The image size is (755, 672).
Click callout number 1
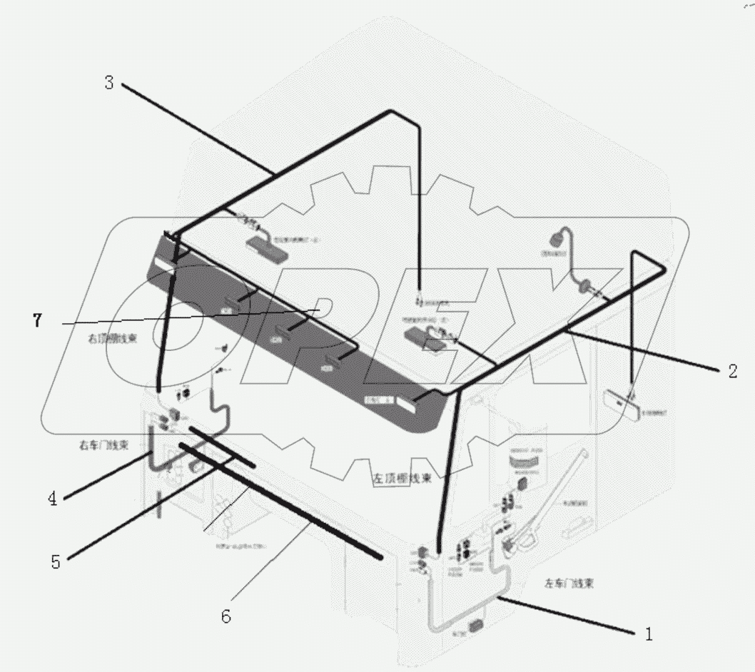pos(648,633)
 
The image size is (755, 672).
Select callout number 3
pos(108,82)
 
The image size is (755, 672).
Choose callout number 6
pos(226,616)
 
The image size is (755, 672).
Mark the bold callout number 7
pos(37,321)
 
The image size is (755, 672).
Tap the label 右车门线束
pos(103,445)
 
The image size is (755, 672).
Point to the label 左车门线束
pos(568,583)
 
